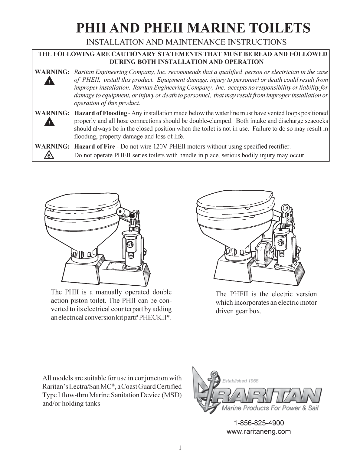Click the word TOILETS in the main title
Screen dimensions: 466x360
pos(276,28)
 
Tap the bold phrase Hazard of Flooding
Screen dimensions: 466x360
pos(100,113)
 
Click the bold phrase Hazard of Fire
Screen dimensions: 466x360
pos(94,147)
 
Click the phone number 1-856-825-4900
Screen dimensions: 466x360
pos(259,423)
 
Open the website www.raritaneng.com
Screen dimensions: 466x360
pos(259,432)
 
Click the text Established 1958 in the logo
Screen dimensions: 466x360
pos(240,381)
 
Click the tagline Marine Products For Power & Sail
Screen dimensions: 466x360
pos(270,408)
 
